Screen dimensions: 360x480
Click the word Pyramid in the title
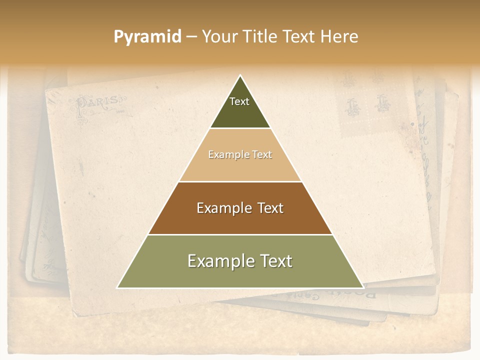147,37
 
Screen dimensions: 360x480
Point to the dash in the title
191,37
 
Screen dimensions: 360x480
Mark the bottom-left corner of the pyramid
118,287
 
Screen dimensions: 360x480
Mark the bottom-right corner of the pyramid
363,287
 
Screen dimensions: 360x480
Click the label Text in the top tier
239,101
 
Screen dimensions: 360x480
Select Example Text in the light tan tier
240,154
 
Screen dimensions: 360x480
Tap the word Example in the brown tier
219,208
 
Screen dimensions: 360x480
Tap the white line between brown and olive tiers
240,234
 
